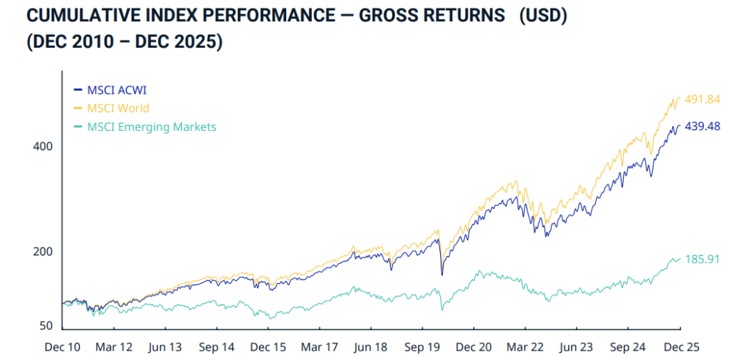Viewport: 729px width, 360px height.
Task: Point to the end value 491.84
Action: click(x=702, y=100)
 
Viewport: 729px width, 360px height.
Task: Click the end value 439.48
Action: click(x=702, y=126)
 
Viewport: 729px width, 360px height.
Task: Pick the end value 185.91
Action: click(x=702, y=260)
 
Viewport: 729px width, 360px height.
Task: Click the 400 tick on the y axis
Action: click(x=43, y=147)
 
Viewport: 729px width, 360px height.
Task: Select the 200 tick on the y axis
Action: click(x=43, y=252)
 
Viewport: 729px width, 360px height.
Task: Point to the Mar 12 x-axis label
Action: click(x=115, y=347)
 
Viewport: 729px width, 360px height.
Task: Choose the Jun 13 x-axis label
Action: click(x=166, y=347)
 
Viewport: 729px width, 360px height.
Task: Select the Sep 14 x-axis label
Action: click(x=217, y=347)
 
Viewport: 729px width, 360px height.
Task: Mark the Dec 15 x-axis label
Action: click(x=269, y=347)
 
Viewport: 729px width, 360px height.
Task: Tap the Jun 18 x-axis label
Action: click(x=371, y=347)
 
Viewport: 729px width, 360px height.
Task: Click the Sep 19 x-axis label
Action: click(x=423, y=347)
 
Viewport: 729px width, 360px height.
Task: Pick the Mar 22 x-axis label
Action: click(x=525, y=347)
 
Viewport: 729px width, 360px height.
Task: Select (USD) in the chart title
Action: click(x=542, y=16)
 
